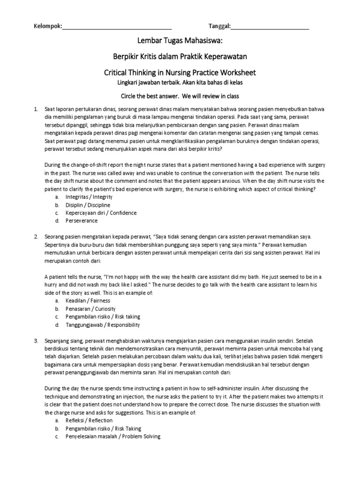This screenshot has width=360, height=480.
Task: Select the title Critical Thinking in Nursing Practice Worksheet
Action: pos(180,73)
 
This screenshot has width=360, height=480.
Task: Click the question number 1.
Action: pos(36,109)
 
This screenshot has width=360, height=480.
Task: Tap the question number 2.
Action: pos(36,236)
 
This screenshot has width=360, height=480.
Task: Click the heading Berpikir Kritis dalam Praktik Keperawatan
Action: pos(180,57)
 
